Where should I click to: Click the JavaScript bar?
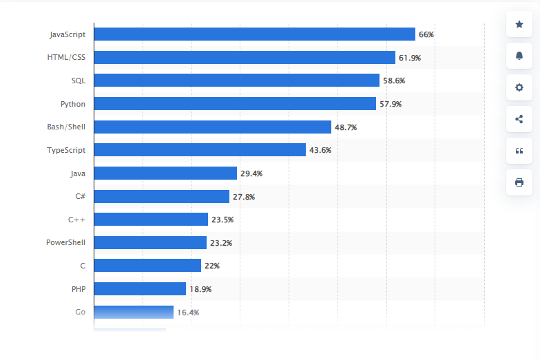[x=254, y=34]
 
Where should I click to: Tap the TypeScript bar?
[x=200, y=150]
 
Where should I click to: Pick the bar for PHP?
[x=140, y=289]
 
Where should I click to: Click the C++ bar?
[x=151, y=220]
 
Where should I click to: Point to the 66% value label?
[x=426, y=34]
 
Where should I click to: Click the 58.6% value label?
[x=394, y=81]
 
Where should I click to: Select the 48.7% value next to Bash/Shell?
[x=346, y=127]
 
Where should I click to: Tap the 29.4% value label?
[x=251, y=173]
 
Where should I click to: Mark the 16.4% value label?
[x=188, y=313]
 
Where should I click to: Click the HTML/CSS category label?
[x=66, y=58]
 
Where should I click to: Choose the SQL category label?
[x=78, y=81]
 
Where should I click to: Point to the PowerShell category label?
[x=65, y=243]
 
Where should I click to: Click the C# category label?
[x=80, y=197]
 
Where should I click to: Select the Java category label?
[x=77, y=173]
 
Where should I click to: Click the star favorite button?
[x=519, y=24]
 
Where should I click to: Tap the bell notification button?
[x=519, y=56]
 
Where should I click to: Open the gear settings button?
[x=519, y=87]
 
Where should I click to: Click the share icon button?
[x=519, y=119]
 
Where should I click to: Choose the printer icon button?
[x=519, y=182]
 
